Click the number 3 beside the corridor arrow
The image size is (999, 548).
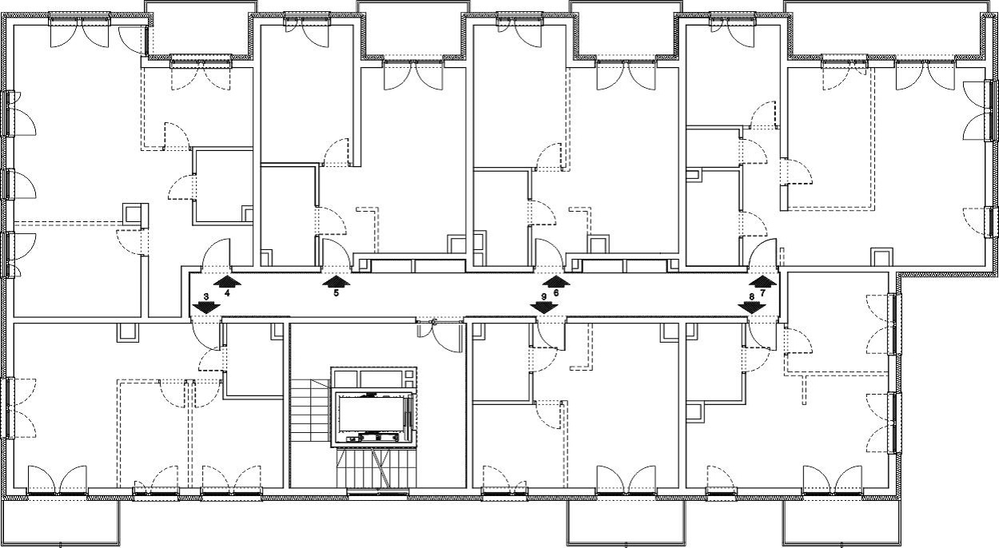click(205, 296)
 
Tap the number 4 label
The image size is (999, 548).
click(227, 293)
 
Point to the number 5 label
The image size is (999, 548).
click(336, 293)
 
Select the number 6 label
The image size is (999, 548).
click(555, 293)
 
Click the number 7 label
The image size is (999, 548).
click(762, 293)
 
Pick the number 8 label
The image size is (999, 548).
click(752, 296)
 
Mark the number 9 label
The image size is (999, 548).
click(543, 296)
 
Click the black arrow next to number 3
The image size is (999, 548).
click(205, 308)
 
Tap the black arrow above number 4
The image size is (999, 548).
click(227, 280)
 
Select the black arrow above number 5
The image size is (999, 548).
click(336, 280)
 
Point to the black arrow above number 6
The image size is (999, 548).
click(555, 280)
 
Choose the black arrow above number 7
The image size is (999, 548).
click(762, 280)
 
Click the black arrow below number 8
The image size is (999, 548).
click(752, 308)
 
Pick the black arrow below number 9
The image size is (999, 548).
click(543, 308)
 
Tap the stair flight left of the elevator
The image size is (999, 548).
click(310, 411)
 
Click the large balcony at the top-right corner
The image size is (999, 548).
click(890, 29)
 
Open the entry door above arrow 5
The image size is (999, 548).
click(336, 255)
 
